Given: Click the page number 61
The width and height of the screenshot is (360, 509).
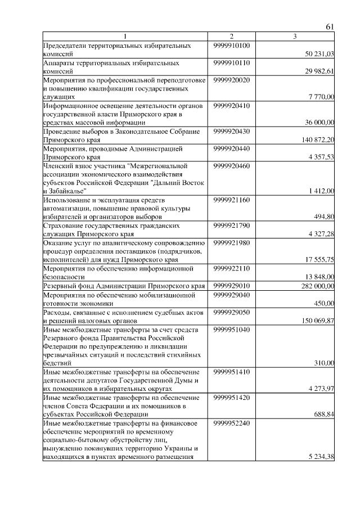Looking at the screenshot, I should [330, 27].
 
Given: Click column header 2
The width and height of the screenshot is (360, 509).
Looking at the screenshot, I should [231, 37].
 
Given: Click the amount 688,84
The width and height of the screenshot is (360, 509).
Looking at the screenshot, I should [324, 415].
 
